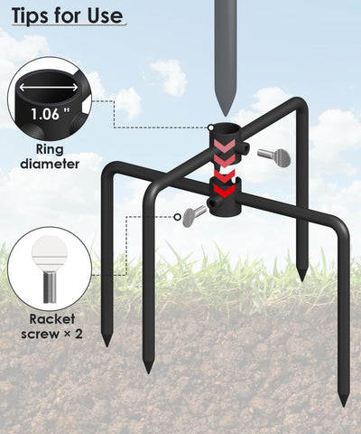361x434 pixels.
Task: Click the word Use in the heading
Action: tap(106, 15)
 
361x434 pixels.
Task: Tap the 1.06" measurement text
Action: tap(50, 114)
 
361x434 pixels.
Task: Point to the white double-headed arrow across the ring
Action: tap(49, 88)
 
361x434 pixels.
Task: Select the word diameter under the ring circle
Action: tap(50, 164)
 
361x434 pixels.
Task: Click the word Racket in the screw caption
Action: tap(52, 319)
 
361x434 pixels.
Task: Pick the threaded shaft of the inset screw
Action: tap(50, 287)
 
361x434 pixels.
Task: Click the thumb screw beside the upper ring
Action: tap(274, 156)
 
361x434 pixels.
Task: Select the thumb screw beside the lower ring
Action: tap(194, 216)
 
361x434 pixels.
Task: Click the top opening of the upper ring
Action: tap(225, 129)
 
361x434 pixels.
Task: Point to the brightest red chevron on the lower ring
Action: tap(225, 190)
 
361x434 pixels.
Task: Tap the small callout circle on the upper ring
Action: tap(211, 127)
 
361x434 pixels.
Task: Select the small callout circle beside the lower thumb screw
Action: tap(178, 217)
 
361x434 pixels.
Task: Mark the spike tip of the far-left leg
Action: tap(106, 341)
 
